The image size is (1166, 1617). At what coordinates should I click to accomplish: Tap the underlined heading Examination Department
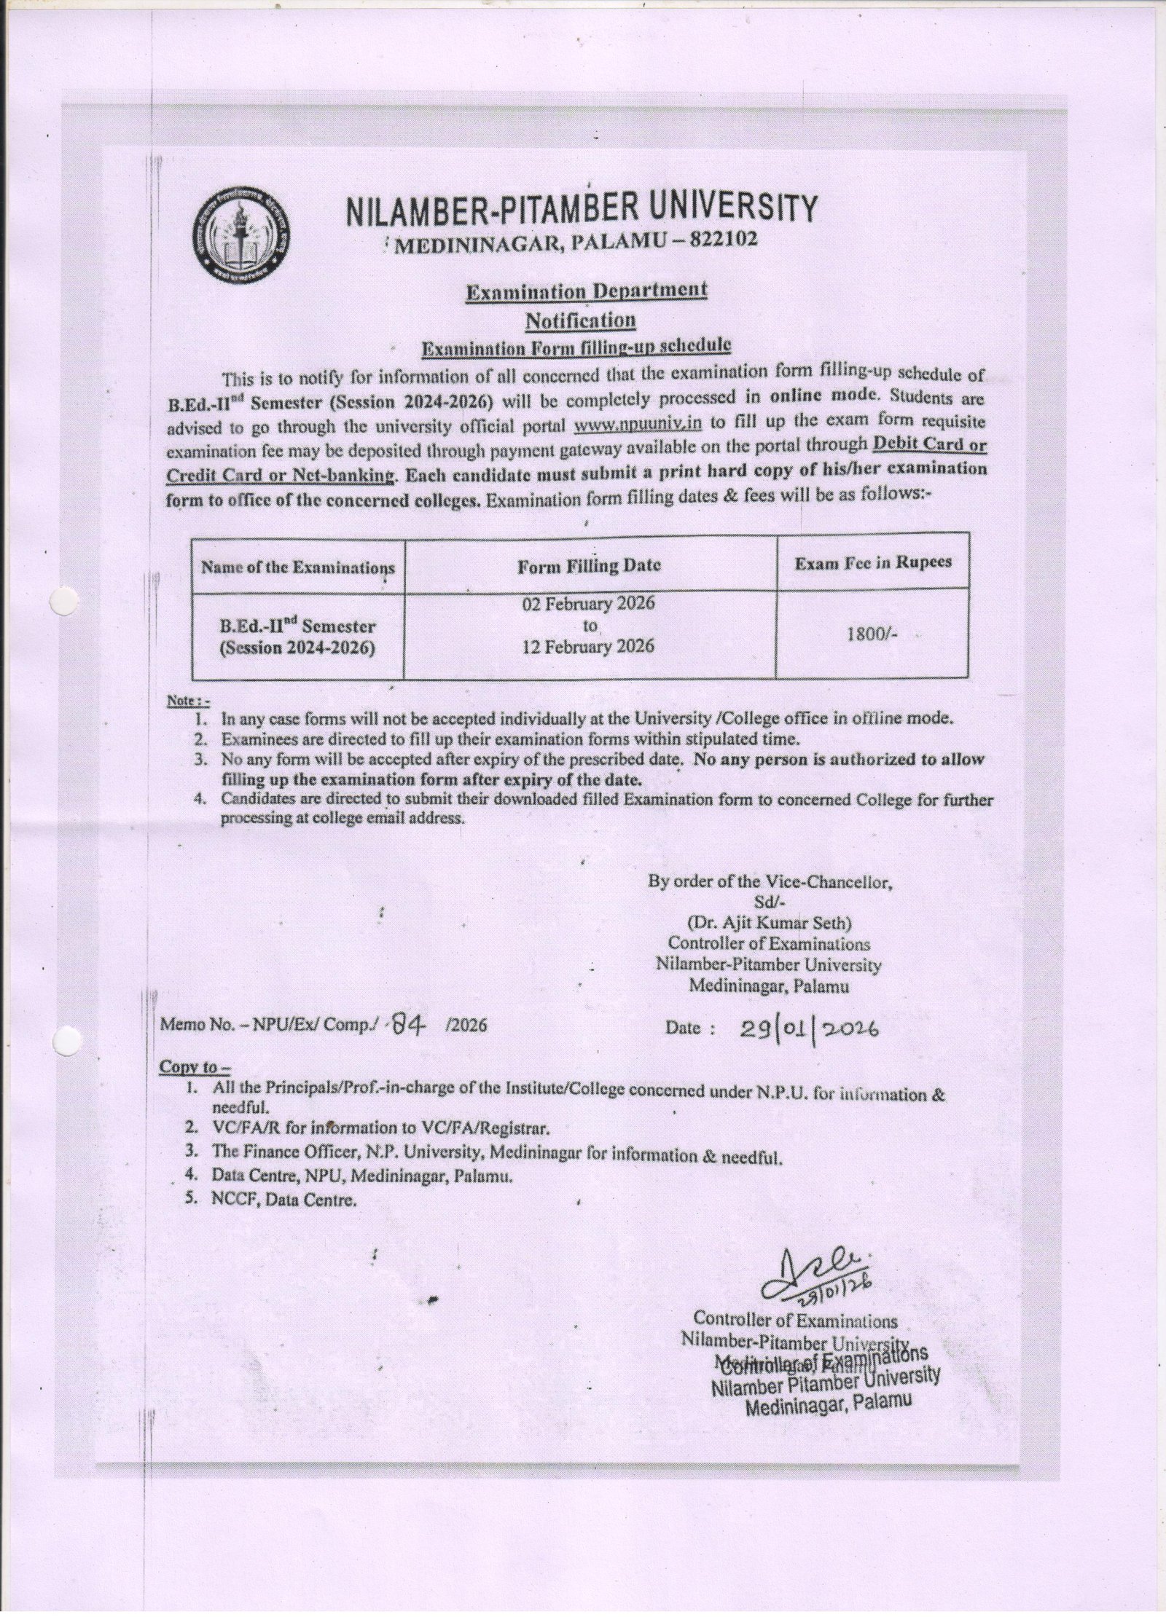click(x=586, y=291)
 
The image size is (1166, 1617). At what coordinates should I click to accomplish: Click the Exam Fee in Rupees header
click(x=872, y=562)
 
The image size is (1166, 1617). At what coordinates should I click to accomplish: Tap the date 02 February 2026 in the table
click(x=591, y=605)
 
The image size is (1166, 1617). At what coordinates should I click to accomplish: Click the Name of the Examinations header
click(x=298, y=567)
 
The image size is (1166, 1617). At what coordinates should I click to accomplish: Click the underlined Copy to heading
click(x=194, y=1067)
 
